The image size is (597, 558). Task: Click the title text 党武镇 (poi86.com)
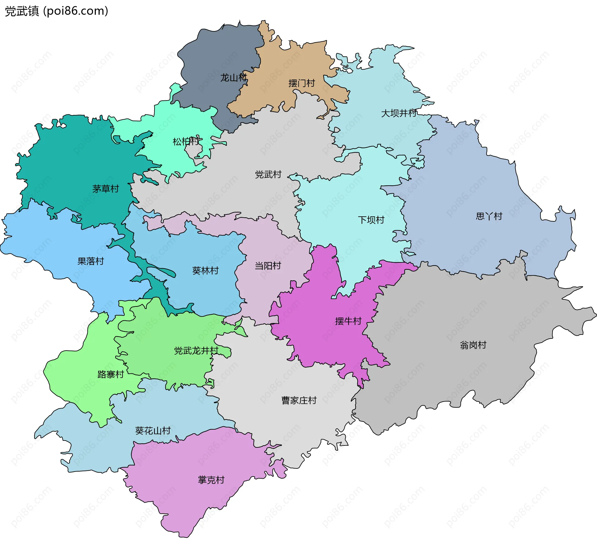point(57,11)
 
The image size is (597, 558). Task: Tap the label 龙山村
point(234,78)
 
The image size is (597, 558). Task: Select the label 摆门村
point(302,83)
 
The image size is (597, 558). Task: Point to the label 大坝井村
point(399,113)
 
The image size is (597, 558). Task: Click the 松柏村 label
point(186,142)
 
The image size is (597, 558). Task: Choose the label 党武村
point(268,174)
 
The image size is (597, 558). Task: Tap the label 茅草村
point(105,189)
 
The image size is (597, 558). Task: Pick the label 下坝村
point(371,220)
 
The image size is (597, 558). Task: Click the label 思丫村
point(489,216)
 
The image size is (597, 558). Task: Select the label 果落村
point(90,261)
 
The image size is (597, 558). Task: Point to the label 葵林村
point(205,270)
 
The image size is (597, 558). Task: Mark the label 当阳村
point(268,266)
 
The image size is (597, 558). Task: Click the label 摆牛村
point(348,321)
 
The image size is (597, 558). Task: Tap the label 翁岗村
point(473,345)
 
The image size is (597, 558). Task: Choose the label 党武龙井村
point(196,351)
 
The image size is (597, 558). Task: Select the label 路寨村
point(111,374)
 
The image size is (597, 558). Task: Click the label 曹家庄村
point(299,400)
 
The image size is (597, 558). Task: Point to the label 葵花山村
point(153,431)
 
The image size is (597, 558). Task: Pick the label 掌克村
point(211,480)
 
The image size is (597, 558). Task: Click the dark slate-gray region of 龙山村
point(218,53)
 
